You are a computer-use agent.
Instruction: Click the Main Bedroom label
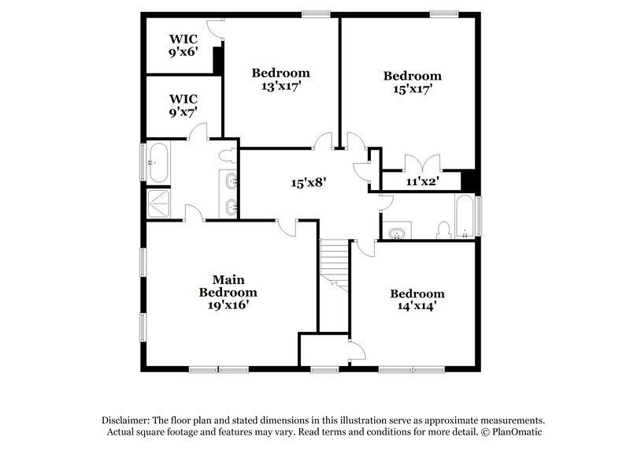click(x=228, y=285)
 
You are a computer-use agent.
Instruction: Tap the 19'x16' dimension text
click(x=228, y=304)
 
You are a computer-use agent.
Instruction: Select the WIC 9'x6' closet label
click(x=183, y=47)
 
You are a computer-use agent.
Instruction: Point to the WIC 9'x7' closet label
click(x=183, y=106)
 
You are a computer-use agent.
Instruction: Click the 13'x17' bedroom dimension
click(x=280, y=86)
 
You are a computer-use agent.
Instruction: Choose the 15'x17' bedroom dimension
click(x=412, y=89)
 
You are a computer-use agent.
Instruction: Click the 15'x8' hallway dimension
click(x=309, y=183)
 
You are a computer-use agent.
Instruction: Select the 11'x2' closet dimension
click(x=422, y=181)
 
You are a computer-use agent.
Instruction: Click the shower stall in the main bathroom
click(x=158, y=203)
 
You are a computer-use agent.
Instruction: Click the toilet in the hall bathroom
click(x=443, y=230)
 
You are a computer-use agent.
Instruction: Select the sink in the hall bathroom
click(x=396, y=232)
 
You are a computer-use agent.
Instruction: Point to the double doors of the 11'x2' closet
click(x=421, y=163)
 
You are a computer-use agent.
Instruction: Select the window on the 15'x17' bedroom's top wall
click(x=444, y=13)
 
